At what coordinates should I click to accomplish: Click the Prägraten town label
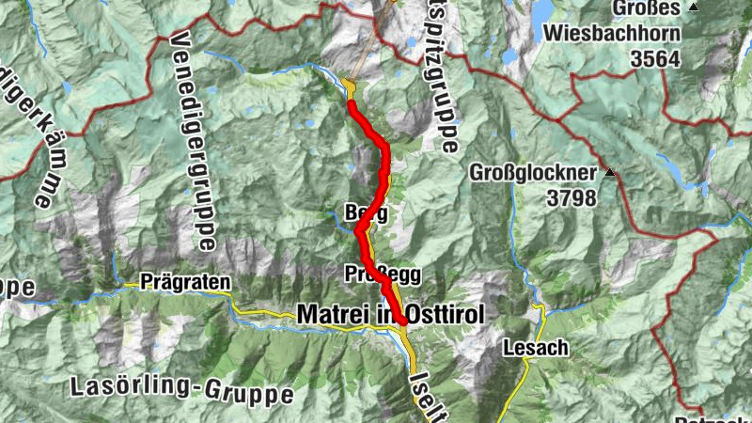185,280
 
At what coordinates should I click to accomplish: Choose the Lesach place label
536,348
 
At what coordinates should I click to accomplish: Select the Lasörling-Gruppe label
181,387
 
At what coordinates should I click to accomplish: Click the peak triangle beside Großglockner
611,173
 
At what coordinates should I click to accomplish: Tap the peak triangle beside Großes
694,8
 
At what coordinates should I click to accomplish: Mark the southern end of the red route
403,321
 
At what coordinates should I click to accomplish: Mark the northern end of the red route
352,103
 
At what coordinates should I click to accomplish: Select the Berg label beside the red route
367,211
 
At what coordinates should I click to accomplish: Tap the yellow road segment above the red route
350,88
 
